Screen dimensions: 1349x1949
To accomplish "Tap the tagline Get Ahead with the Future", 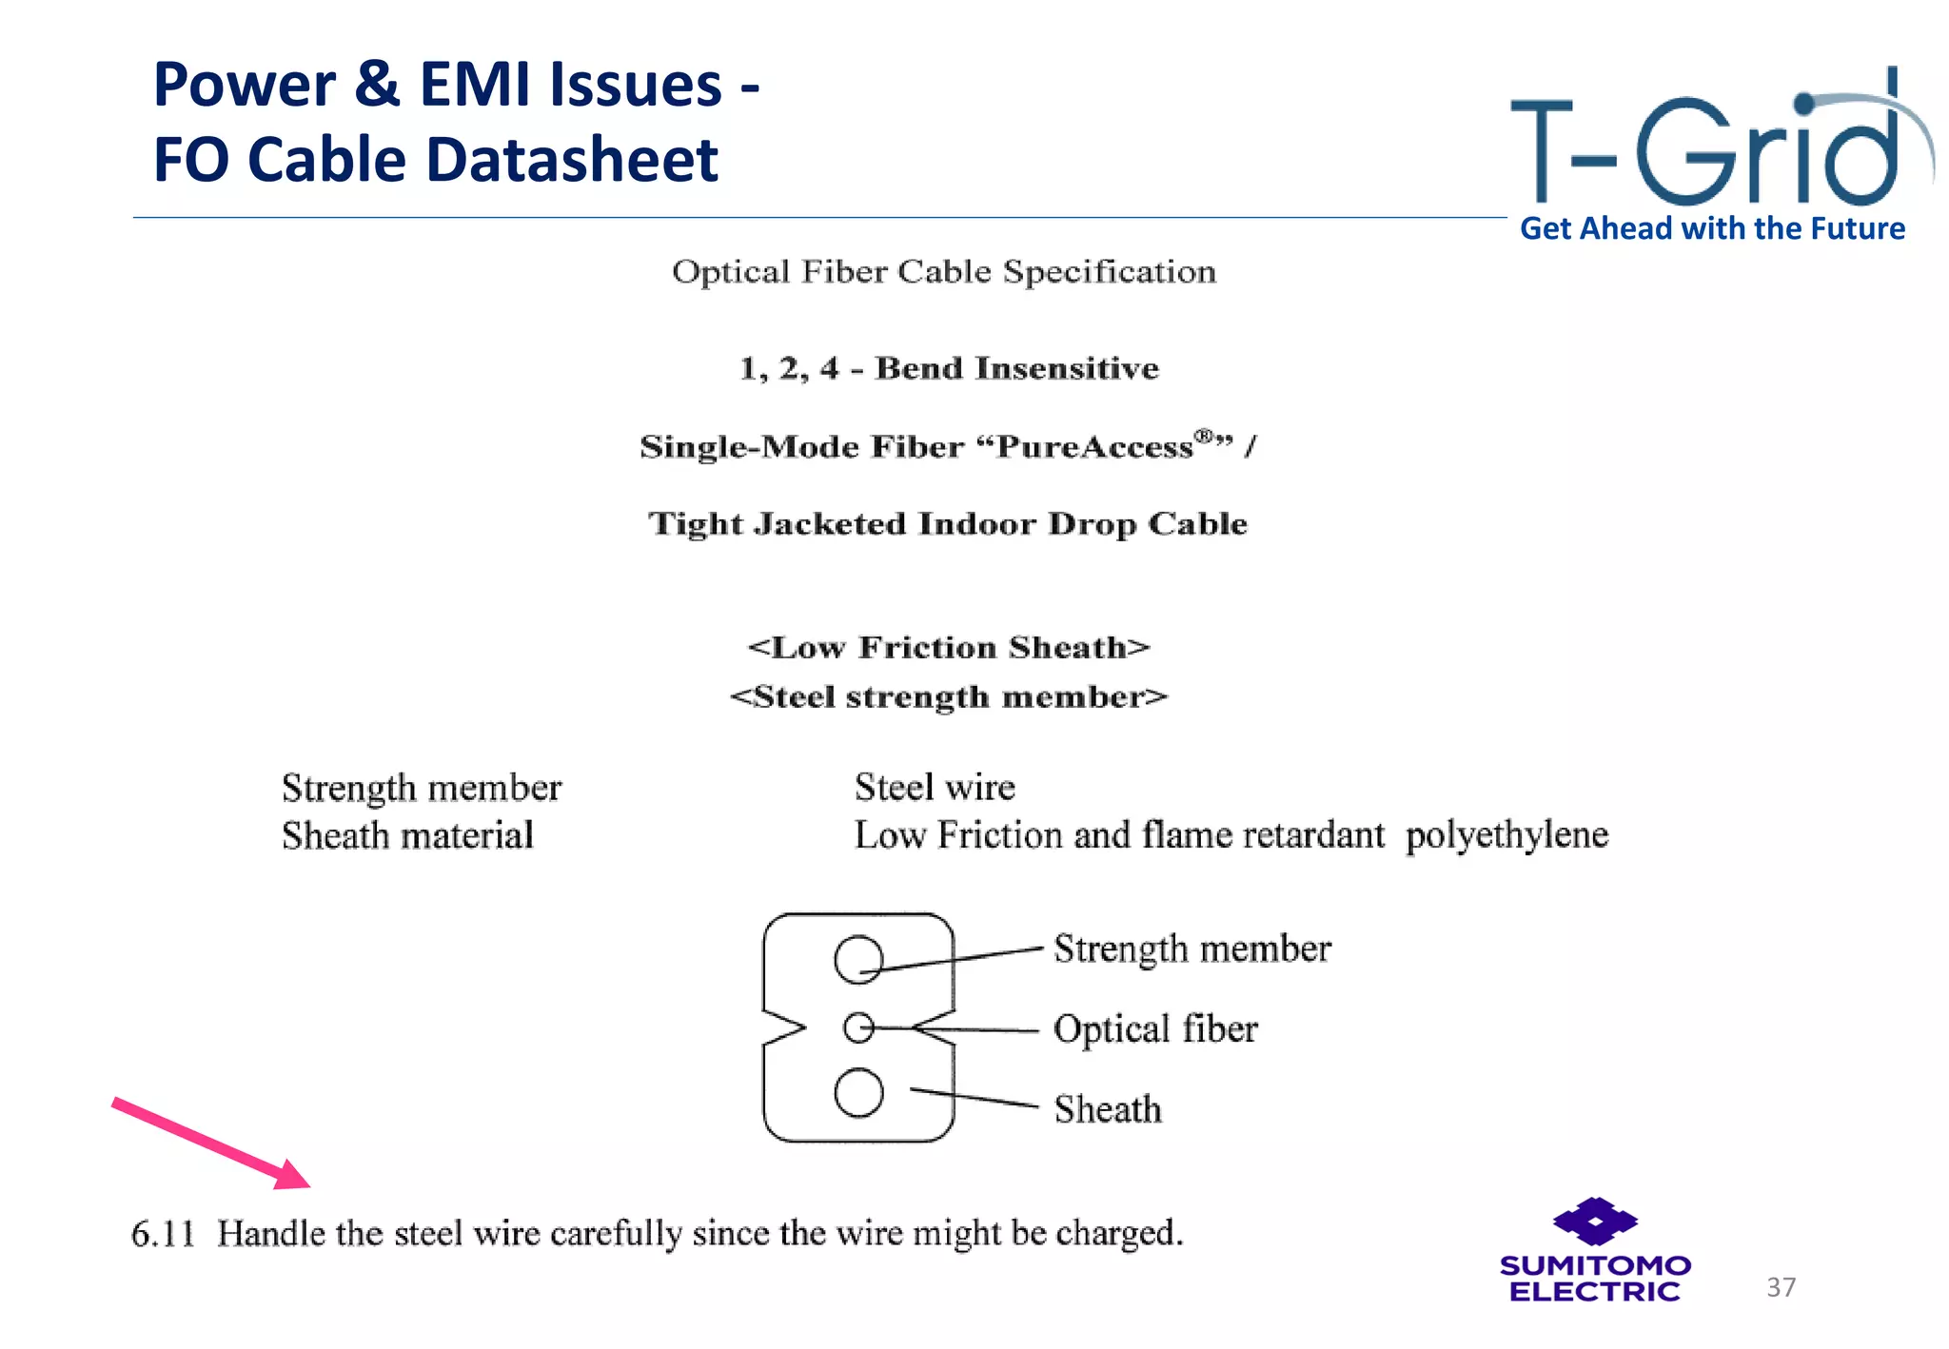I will [1712, 229].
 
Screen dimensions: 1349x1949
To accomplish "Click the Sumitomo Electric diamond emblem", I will [1595, 1221].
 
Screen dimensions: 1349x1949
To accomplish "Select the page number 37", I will [1781, 1287].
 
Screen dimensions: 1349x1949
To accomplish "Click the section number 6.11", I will [162, 1234].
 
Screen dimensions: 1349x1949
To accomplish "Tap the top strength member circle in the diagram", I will [858, 959].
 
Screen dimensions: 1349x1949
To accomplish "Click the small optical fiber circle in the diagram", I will [858, 1027].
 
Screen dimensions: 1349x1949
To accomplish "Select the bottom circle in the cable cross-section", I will [858, 1092].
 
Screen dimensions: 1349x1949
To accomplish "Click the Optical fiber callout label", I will [1155, 1029].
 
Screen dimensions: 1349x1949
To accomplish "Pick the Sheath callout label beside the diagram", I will [1108, 1109].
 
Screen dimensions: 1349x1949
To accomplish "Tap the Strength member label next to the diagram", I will [1191, 948].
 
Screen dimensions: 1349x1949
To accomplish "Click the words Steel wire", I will [935, 788].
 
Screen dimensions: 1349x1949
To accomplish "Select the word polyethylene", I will [1506, 835].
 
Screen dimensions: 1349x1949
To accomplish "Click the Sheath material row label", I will [407, 836].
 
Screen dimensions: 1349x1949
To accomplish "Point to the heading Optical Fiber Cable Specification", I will [944, 272].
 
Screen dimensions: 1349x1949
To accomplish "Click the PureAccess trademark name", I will [1094, 446].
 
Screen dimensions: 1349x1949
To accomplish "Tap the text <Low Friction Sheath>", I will [949, 648].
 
